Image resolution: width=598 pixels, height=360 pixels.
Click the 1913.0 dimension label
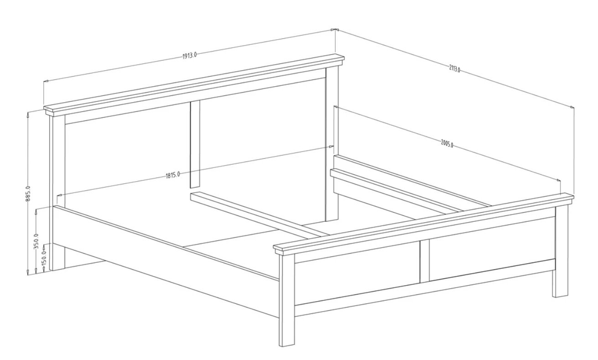pos(190,56)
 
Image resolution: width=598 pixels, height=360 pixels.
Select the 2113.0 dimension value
pos(454,69)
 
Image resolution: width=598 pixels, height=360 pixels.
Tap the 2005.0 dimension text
pos(447,144)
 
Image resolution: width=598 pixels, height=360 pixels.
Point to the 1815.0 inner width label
pos(173,175)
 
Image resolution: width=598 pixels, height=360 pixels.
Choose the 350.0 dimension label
pos(36,240)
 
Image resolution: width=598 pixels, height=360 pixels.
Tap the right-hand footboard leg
pos(560,251)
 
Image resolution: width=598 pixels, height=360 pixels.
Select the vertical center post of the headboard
pos(195,144)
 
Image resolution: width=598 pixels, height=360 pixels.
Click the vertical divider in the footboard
pos(425,261)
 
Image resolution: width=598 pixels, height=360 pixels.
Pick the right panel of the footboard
pos(492,248)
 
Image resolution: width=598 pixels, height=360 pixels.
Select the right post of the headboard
pos(332,143)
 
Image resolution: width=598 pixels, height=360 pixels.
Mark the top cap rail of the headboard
pos(194,85)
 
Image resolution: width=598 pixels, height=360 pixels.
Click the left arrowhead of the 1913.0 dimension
pos(46,80)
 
